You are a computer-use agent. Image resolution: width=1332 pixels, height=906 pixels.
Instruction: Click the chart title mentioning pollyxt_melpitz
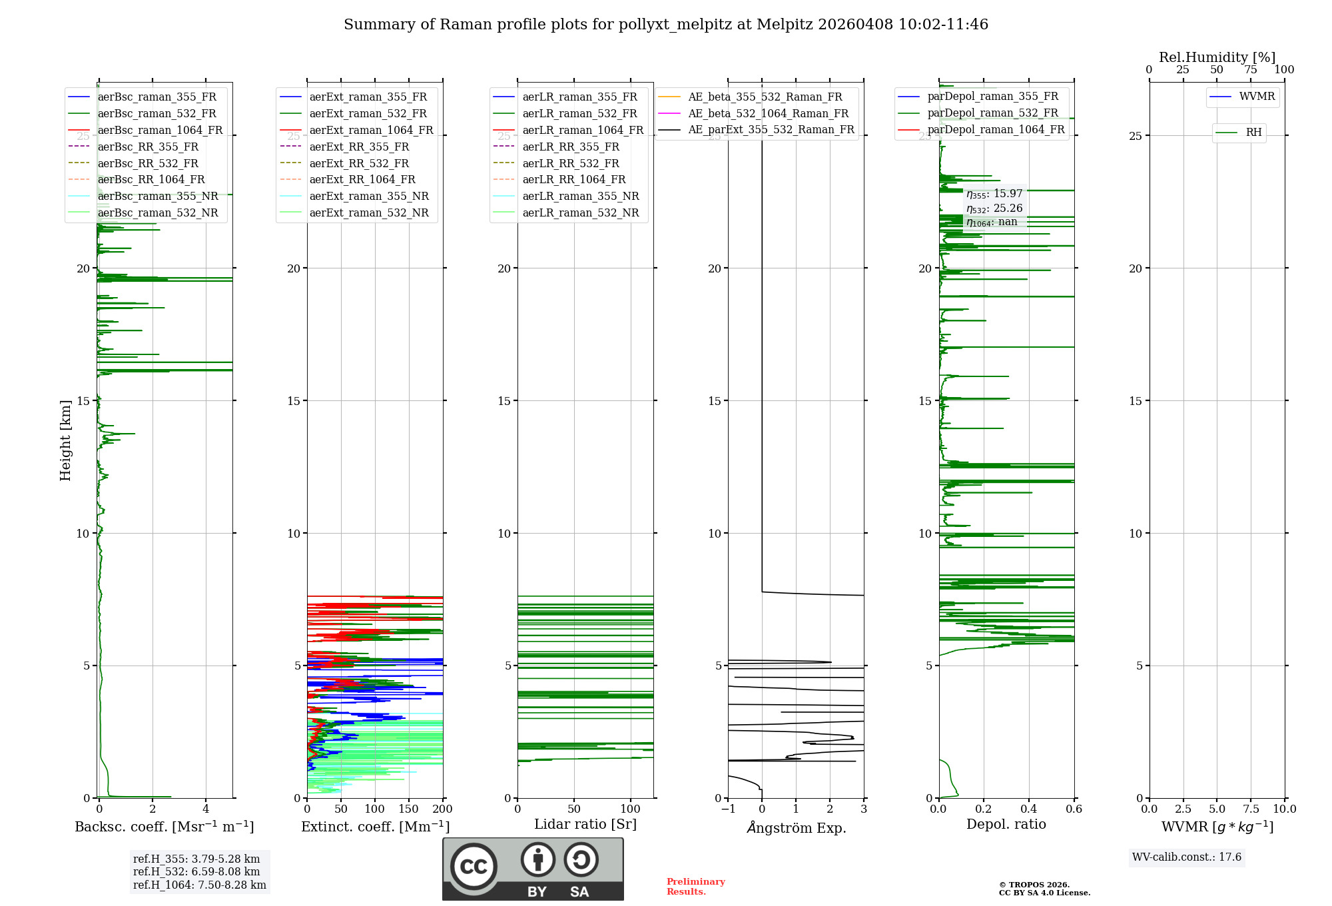point(666,25)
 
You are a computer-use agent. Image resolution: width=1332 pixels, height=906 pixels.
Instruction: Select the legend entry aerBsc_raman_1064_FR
point(160,130)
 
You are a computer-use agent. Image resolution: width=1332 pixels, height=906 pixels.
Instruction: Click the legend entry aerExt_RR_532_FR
point(359,163)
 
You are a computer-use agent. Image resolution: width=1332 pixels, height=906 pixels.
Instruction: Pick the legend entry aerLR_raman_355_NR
point(580,196)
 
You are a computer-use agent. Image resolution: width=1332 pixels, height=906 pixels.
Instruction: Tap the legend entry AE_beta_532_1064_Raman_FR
point(768,113)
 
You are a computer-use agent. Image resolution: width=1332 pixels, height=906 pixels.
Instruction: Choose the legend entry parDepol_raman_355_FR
point(992,97)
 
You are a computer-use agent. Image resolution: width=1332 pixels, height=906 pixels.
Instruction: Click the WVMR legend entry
point(1256,97)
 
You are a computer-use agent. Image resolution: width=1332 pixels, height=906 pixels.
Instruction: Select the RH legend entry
point(1253,133)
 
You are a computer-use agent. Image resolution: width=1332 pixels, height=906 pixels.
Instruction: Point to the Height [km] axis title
point(65,440)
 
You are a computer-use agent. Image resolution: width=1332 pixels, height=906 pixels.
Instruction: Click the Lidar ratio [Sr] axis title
point(585,825)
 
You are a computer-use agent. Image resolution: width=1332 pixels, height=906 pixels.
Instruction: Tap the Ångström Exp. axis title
point(796,828)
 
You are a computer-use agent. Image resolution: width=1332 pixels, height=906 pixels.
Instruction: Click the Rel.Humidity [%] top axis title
point(1217,57)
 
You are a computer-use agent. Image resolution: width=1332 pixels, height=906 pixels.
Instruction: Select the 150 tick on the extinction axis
point(408,809)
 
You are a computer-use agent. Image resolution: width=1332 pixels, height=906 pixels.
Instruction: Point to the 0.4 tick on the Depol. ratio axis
point(1029,809)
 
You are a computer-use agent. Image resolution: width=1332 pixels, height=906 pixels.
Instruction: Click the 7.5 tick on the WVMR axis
point(1251,809)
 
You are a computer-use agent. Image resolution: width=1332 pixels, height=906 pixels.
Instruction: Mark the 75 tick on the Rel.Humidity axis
point(1251,70)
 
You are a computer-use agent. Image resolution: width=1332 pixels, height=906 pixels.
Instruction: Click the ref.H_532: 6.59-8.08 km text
point(196,872)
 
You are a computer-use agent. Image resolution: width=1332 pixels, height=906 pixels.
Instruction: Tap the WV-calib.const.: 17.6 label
point(1187,857)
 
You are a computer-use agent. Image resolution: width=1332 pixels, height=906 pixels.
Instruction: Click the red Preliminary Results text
point(695,887)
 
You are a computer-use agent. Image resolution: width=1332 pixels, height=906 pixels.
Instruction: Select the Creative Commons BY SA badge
point(533,869)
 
